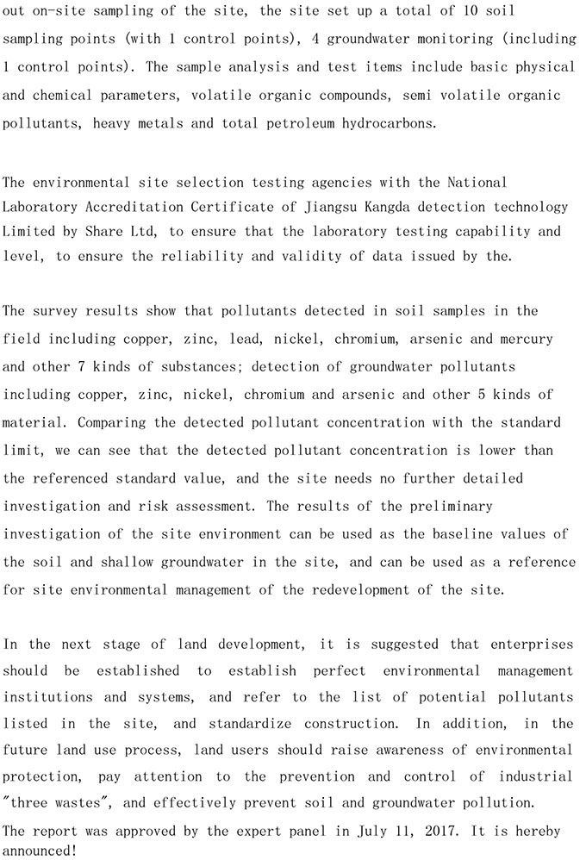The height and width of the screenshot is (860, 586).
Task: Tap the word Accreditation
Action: coord(138,207)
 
